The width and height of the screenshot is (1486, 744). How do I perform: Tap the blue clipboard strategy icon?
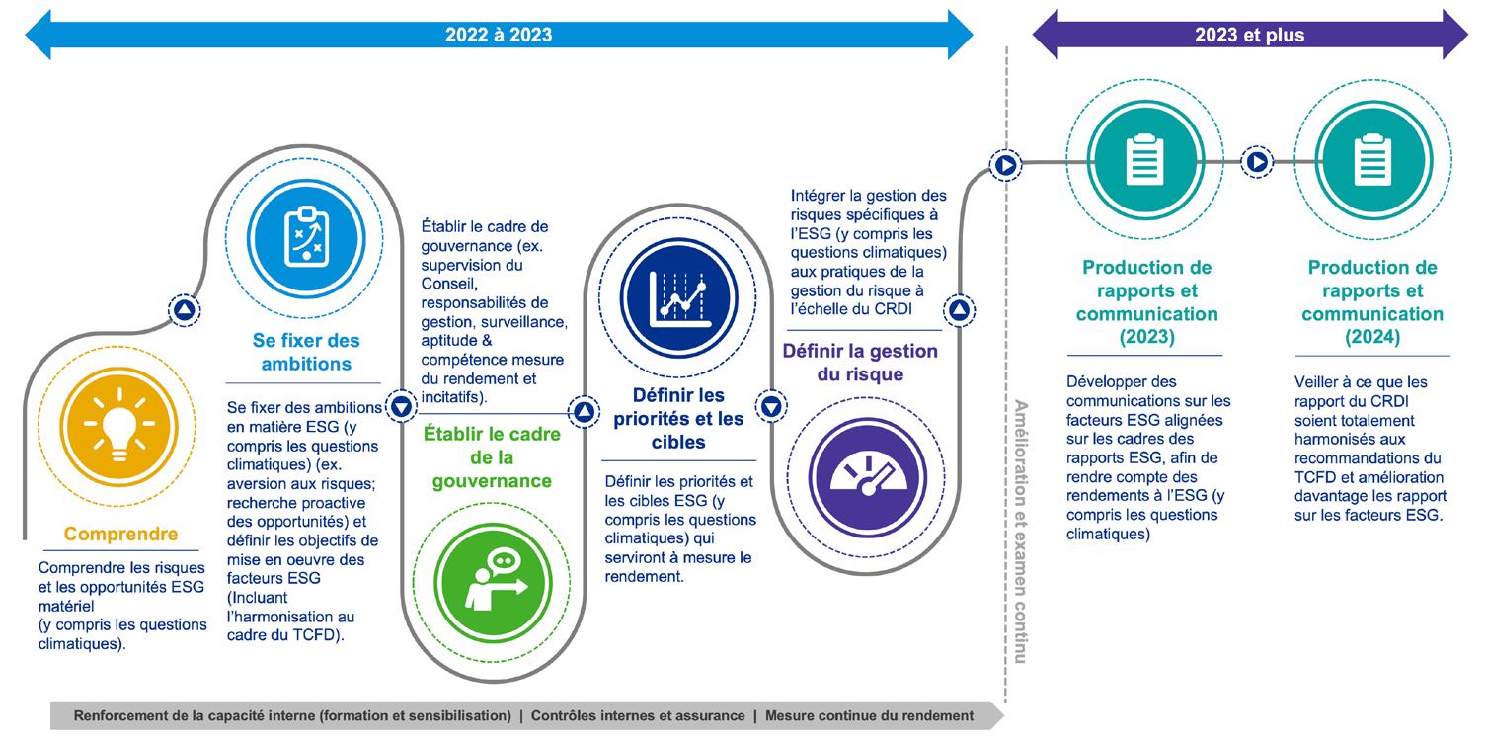coord(306,233)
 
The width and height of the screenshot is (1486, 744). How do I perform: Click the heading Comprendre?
coord(120,535)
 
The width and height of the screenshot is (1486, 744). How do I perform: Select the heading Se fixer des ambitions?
coord(306,352)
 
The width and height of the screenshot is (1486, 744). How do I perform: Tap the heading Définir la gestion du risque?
coord(860,363)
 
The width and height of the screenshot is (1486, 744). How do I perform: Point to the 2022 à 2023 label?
coord(498,35)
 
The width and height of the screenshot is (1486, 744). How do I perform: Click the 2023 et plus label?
coord(1249,35)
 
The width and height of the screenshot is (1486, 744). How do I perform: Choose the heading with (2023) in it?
coord(1146,302)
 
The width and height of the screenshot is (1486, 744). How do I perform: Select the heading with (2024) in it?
coord(1371,302)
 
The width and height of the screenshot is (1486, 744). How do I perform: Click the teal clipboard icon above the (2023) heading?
coord(1145,162)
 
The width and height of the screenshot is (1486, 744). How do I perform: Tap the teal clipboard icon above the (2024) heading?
coord(1370,162)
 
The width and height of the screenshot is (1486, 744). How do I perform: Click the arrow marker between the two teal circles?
coord(1257,162)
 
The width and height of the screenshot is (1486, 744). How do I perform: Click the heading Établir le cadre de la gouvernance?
coord(492,457)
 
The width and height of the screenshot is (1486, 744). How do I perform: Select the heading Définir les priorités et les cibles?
coord(678,418)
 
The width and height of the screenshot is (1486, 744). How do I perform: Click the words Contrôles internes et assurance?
coord(638,715)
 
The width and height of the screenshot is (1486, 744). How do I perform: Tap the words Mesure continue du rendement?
coord(869,715)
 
